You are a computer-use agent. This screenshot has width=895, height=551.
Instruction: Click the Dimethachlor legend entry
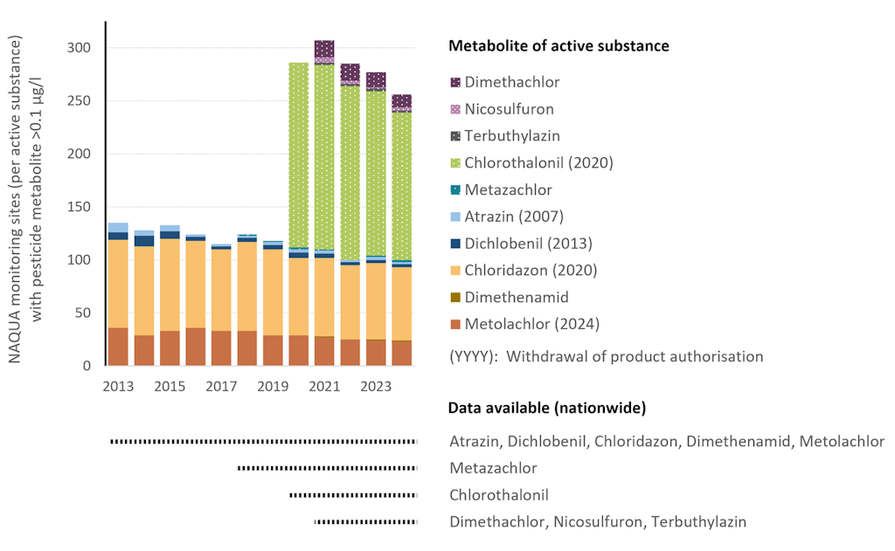[x=512, y=82]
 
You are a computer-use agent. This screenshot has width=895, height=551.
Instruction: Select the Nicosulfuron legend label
[x=510, y=109]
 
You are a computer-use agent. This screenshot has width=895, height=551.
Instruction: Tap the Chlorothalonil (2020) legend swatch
[x=455, y=163]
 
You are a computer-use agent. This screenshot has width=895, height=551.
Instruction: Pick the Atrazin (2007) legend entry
[x=514, y=217]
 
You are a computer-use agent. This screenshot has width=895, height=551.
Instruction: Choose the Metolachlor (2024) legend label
[x=532, y=324]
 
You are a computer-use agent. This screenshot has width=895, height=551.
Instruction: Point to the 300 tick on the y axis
[x=80, y=47]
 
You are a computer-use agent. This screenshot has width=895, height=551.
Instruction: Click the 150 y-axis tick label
[x=80, y=207]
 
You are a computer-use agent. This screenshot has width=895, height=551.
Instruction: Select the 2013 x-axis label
[x=118, y=387]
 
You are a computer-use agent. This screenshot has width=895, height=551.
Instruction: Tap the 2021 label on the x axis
[x=325, y=387]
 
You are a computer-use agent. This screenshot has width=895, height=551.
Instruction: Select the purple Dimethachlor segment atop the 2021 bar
[x=324, y=48]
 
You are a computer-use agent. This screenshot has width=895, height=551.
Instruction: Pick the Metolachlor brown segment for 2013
[x=118, y=347]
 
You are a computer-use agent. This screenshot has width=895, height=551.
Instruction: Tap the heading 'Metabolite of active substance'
[x=559, y=45]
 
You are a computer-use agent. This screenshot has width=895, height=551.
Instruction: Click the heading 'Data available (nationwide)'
[x=546, y=408]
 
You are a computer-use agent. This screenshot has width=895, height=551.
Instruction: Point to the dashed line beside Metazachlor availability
[x=327, y=469]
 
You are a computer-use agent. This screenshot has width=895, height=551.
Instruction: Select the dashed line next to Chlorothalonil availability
[x=353, y=495]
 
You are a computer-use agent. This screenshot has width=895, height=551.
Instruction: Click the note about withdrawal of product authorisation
[x=606, y=356]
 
